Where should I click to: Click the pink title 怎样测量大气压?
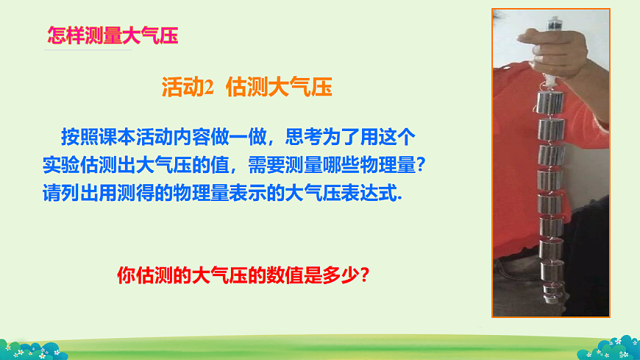tap(112, 35)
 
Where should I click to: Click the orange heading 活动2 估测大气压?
tap(246, 88)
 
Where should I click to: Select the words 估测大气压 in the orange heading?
tap(280, 88)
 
